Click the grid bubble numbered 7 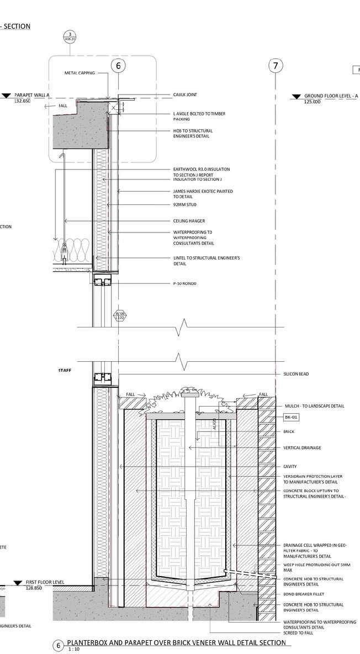point(275,66)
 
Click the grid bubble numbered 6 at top point(118,66)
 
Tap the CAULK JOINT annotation point(185,96)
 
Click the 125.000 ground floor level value point(313,102)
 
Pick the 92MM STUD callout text point(184,205)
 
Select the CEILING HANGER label point(189,221)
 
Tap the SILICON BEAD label point(297,375)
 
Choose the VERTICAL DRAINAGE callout point(301,447)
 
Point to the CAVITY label point(290,467)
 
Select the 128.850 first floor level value point(35,588)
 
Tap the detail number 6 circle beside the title point(59,646)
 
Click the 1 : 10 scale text point(73,651)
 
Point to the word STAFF point(65,370)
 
